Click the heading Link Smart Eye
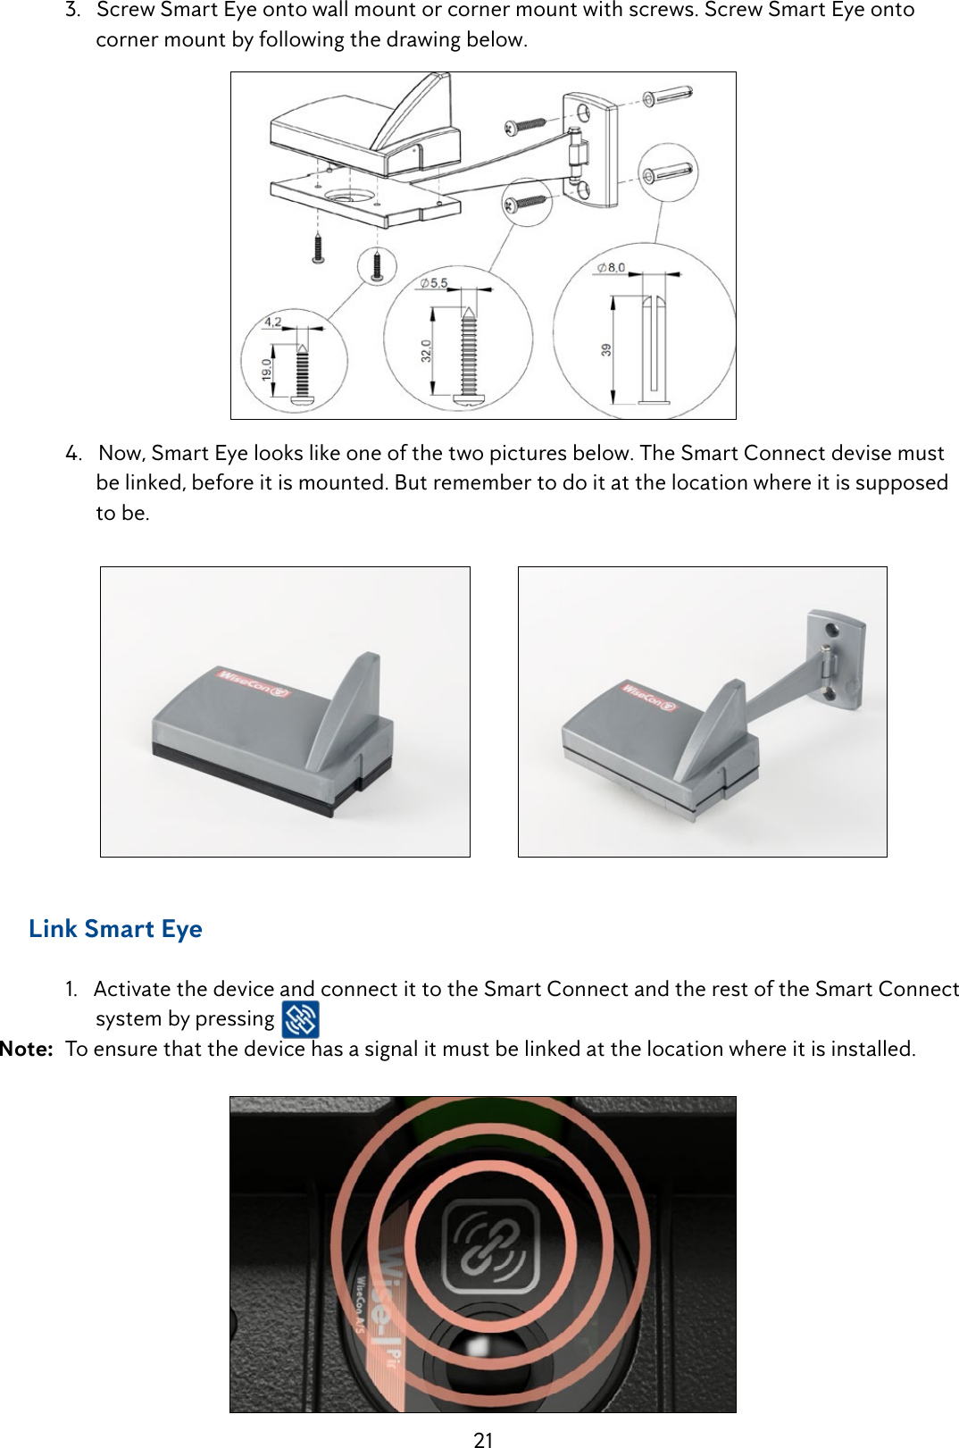(x=115, y=929)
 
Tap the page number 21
(x=483, y=1439)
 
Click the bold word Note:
(x=27, y=1049)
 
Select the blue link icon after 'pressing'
(x=300, y=1019)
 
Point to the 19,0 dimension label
(x=266, y=369)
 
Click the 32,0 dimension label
(x=426, y=350)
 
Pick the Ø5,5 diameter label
(x=434, y=283)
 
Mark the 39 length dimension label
(x=606, y=350)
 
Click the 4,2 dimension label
(x=272, y=322)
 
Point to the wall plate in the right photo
(x=836, y=658)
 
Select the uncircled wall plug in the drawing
(x=667, y=94)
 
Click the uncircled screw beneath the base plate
(x=317, y=247)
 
